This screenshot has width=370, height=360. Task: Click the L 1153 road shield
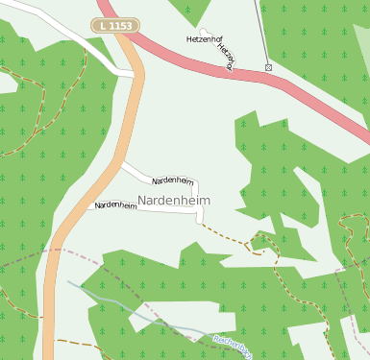[115, 23]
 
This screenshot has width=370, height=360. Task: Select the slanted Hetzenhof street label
[226, 57]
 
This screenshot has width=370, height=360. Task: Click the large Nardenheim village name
[174, 200]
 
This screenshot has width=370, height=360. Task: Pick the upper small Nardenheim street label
[173, 180]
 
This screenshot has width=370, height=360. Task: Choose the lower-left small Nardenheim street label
[114, 205]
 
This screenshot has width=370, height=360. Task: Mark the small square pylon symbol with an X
[268, 67]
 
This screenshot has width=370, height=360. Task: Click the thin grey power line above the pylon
[261, 29]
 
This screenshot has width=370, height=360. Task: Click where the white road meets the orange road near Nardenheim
[121, 164]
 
